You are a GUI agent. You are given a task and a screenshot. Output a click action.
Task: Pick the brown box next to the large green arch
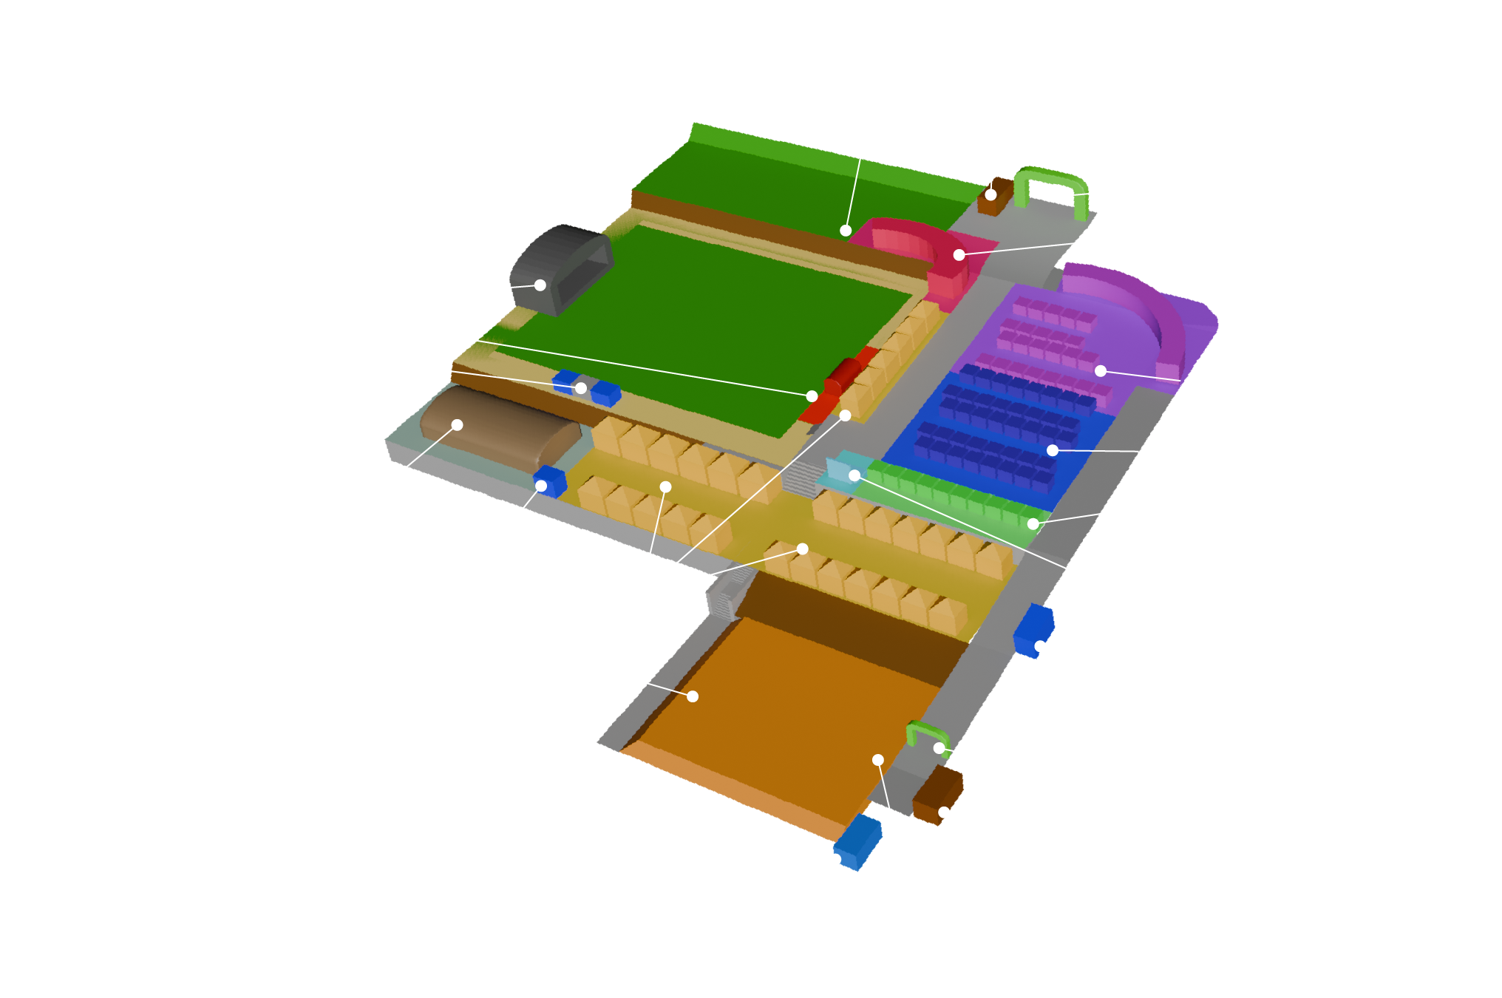click(x=994, y=197)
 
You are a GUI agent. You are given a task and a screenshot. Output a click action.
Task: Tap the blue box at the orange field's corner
click(x=857, y=843)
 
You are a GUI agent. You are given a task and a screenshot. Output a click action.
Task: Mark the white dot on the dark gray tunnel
click(x=540, y=285)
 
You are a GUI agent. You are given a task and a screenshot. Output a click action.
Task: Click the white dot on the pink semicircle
click(x=959, y=255)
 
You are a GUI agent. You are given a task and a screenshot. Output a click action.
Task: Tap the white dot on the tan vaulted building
click(x=457, y=425)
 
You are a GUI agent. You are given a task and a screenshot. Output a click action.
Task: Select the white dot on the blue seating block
click(x=1052, y=450)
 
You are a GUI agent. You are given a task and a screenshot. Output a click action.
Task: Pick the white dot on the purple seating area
click(x=1101, y=371)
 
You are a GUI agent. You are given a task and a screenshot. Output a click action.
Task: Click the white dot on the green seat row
click(x=1033, y=524)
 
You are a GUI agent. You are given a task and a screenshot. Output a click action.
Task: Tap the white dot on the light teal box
click(x=854, y=475)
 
